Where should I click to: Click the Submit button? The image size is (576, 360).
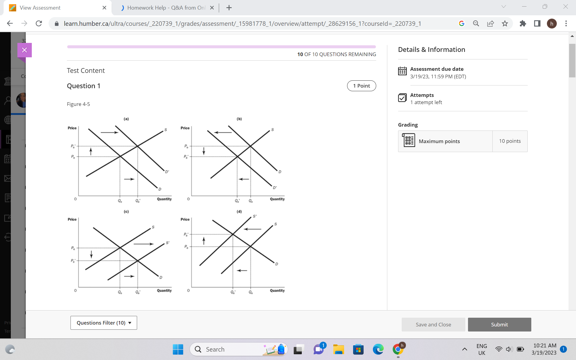(499, 325)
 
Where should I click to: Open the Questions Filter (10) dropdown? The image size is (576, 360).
(104, 323)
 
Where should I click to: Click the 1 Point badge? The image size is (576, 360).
(361, 86)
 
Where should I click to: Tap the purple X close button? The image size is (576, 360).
(25, 50)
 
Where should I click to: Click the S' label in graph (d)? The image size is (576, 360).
(255, 216)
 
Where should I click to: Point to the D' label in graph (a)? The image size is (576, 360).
(167, 172)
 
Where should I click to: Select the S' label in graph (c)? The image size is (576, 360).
(167, 242)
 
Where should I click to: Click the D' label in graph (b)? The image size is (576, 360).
(274, 188)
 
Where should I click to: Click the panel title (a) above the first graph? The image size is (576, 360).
(126, 119)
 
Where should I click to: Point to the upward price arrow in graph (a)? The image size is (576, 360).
(91, 151)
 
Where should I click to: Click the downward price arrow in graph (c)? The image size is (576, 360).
(91, 254)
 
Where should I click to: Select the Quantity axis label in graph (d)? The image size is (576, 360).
(277, 290)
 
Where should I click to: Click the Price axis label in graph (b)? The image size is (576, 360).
(185, 128)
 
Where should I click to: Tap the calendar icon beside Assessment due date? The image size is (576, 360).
(402, 71)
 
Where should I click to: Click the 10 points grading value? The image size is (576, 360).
(510, 141)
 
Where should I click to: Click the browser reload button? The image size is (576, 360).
(39, 23)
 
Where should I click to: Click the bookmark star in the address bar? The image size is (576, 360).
(505, 23)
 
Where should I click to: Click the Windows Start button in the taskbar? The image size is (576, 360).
(178, 349)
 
